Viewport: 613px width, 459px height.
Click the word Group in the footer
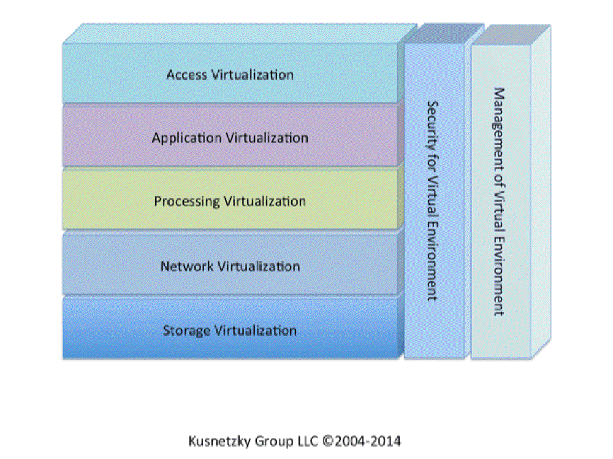[x=270, y=441]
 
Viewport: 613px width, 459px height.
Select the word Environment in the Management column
[x=499, y=280]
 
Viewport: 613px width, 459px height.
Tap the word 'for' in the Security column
[x=432, y=155]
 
